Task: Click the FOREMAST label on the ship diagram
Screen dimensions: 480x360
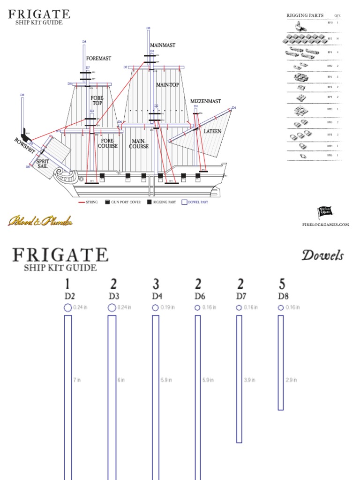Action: click(x=99, y=59)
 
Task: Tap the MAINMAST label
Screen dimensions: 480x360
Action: click(x=163, y=45)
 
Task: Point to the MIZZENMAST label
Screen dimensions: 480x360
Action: click(x=205, y=101)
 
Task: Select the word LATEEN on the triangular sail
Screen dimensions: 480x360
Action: click(x=212, y=132)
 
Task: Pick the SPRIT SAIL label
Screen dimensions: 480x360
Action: click(x=43, y=164)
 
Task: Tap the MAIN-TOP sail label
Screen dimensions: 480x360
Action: click(x=167, y=85)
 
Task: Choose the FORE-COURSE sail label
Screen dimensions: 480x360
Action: click(x=108, y=143)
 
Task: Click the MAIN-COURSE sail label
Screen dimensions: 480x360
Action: click(x=139, y=143)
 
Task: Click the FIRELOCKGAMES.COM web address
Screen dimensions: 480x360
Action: click(x=326, y=225)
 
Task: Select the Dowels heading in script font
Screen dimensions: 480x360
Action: click(x=322, y=255)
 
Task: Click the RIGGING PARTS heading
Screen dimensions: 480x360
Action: click(x=305, y=15)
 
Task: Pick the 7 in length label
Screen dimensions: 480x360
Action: click(x=77, y=380)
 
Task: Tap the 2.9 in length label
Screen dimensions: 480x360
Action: click(x=292, y=380)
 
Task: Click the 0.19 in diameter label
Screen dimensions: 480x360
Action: click(x=166, y=307)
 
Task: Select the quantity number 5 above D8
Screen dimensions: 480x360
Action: click(x=282, y=284)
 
